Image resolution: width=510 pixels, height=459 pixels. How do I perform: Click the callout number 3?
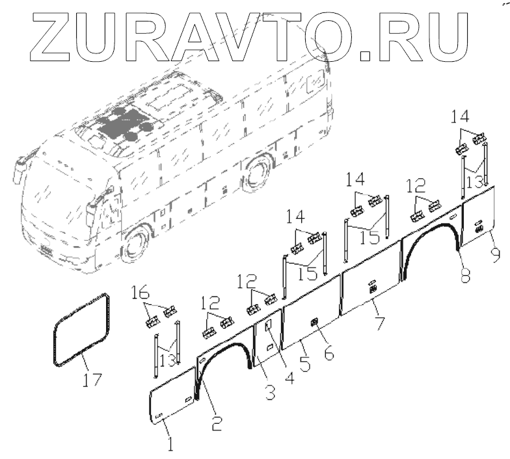point(269,391)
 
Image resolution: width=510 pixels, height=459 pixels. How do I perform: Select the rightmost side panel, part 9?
point(480,216)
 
